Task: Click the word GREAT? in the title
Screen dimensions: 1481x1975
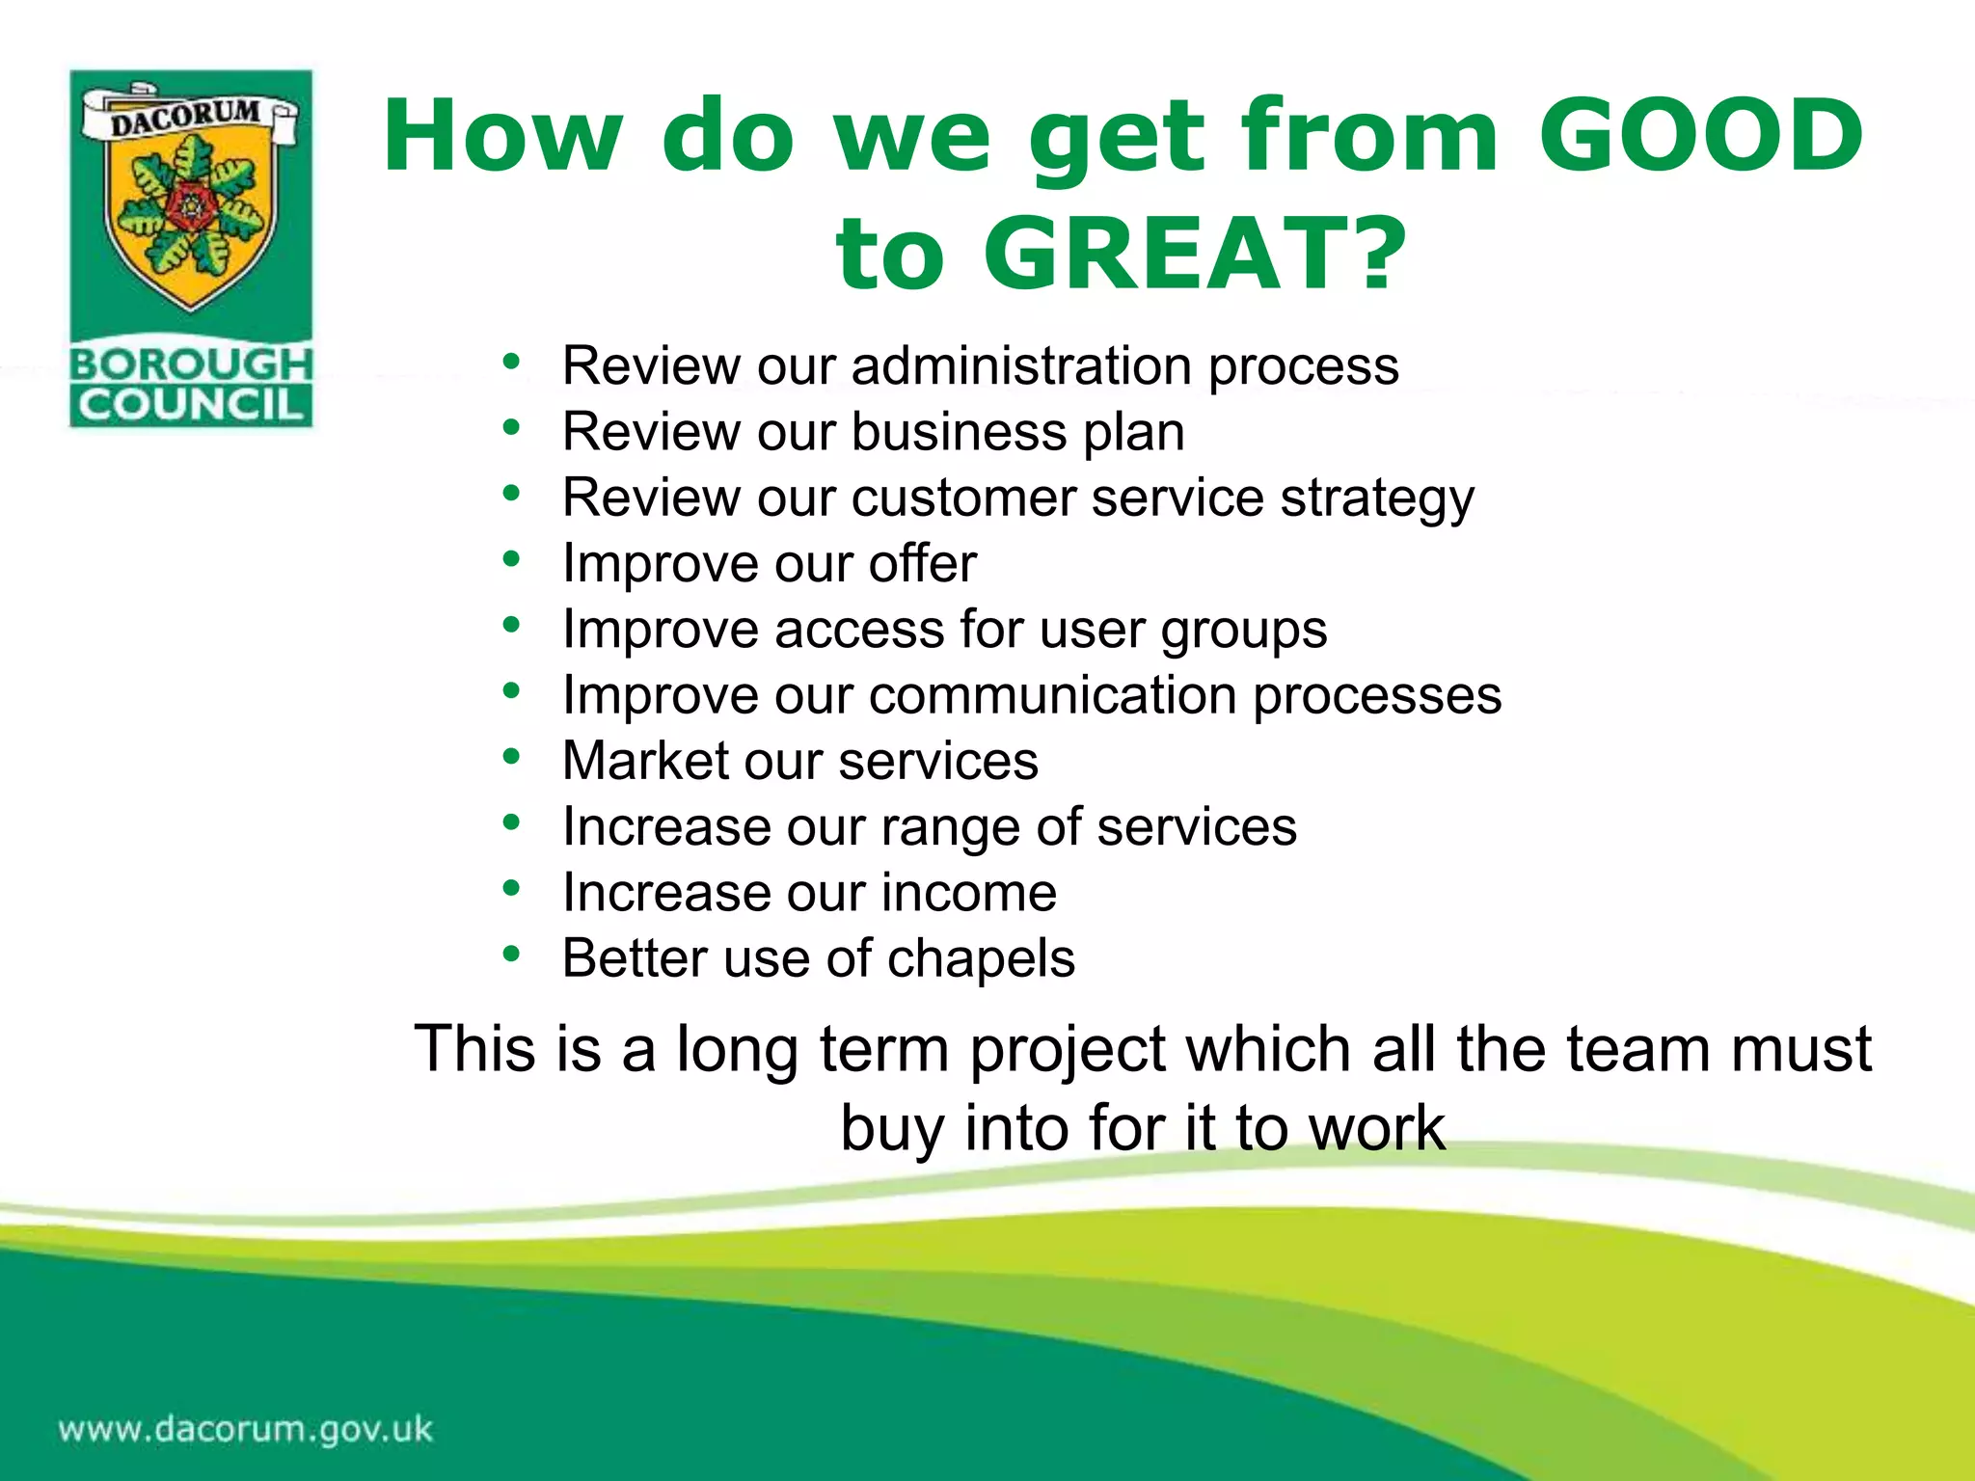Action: (x=1194, y=253)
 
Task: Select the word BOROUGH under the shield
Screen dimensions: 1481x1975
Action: (x=191, y=364)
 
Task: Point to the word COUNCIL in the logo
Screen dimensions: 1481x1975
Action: (x=191, y=405)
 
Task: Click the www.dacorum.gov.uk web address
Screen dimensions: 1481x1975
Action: (x=246, y=1428)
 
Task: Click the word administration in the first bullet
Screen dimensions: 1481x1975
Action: (x=1020, y=366)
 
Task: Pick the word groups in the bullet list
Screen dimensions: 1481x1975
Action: (x=1243, y=631)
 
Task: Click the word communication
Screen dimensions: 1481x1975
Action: (x=1052, y=695)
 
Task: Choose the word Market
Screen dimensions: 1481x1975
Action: (x=645, y=761)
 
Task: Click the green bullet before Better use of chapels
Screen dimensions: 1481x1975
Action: (x=511, y=955)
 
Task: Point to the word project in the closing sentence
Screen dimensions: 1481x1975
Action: (x=1068, y=1050)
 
